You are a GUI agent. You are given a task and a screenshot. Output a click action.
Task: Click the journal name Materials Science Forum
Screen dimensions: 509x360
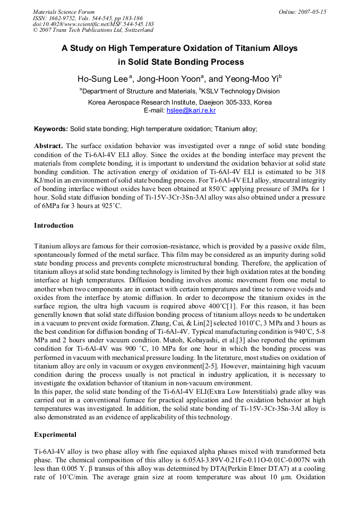tap(64, 12)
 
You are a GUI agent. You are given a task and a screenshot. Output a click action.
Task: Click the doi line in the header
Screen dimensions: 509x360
tap(93, 24)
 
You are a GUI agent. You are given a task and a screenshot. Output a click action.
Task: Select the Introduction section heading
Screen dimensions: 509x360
tap(54, 226)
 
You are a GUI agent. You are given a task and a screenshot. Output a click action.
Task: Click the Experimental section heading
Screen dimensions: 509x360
tap(55, 434)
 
